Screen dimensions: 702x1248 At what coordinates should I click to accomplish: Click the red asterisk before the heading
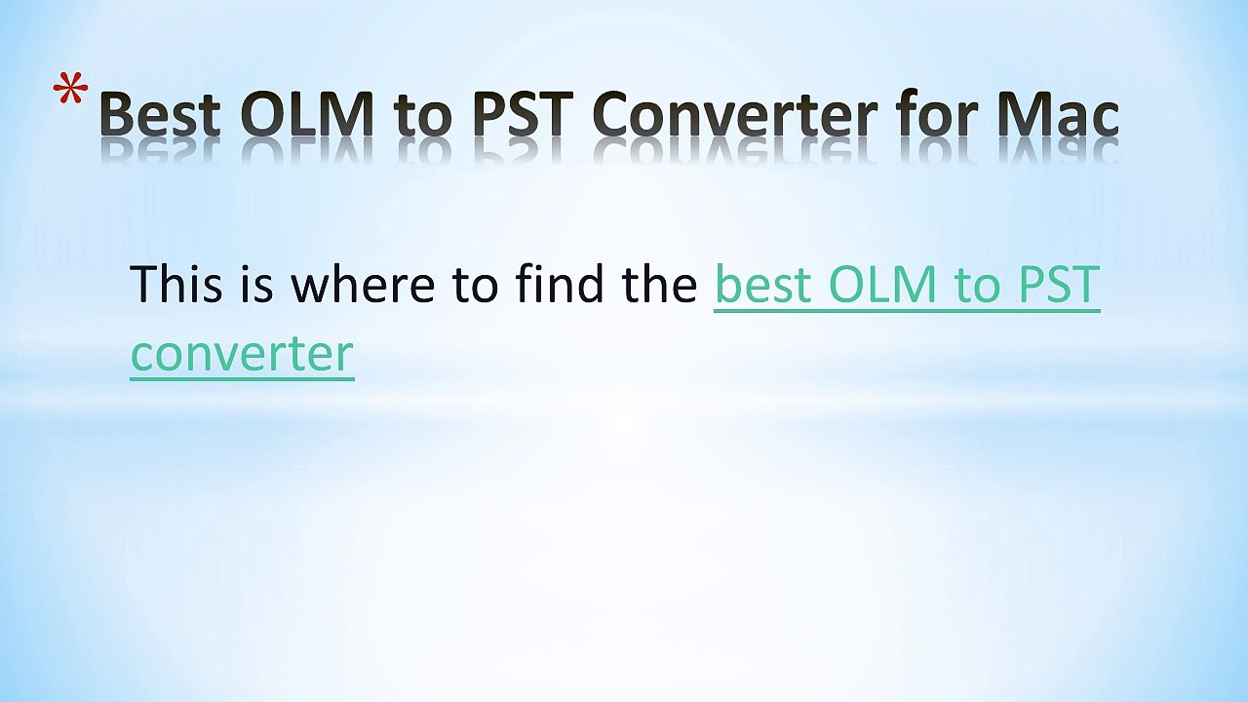point(70,95)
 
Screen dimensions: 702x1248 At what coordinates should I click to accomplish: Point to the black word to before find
point(476,284)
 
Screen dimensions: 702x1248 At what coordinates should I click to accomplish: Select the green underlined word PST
point(1059,284)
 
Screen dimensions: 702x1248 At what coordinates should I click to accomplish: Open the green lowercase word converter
point(242,353)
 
